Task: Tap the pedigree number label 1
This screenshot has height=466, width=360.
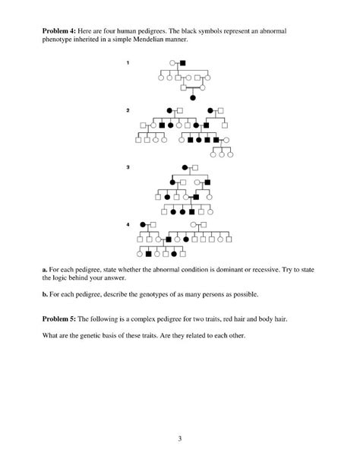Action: pos(128,62)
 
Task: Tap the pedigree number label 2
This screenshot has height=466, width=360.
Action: pos(128,111)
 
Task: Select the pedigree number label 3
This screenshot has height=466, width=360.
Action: pos(128,166)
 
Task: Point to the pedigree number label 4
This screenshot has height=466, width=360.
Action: pos(128,224)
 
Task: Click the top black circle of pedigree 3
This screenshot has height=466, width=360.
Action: pos(185,166)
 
